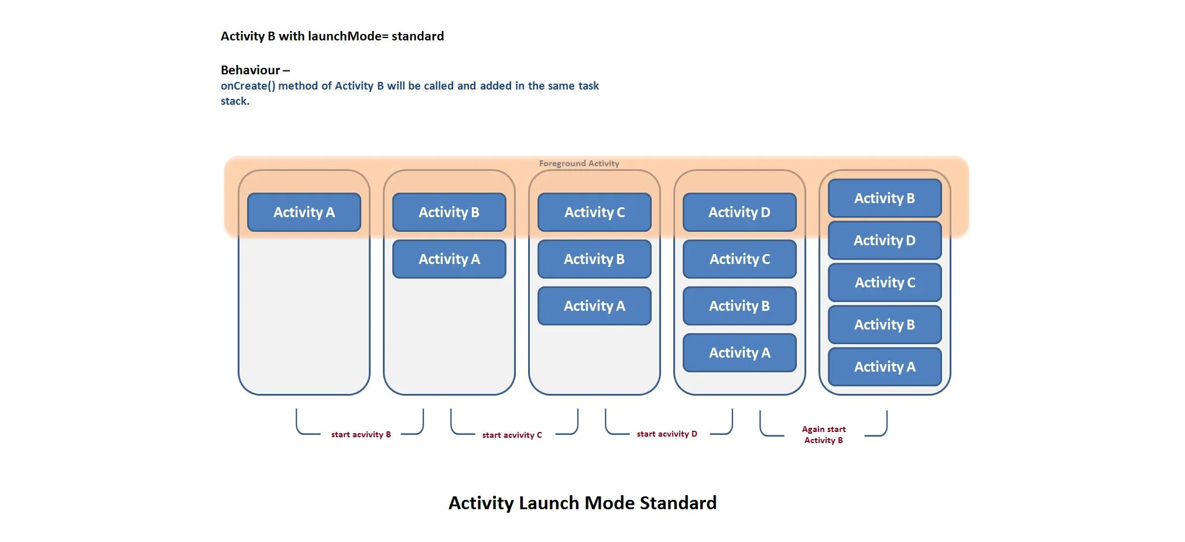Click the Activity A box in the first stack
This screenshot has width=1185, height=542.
(304, 212)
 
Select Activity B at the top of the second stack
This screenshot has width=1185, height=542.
(449, 212)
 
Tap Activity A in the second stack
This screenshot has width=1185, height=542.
(449, 259)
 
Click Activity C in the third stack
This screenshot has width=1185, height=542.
(594, 212)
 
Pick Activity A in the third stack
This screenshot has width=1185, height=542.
(594, 306)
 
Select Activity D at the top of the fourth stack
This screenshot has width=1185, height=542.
(739, 212)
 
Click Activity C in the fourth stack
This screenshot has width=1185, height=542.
(739, 259)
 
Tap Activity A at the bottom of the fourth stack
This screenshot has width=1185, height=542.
(739, 352)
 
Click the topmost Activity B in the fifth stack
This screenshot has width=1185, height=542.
(885, 198)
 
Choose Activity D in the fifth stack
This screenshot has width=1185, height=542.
(885, 240)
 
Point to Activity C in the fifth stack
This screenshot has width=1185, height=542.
(885, 282)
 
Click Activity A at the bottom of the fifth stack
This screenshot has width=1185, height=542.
(885, 366)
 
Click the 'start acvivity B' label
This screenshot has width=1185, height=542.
(361, 434)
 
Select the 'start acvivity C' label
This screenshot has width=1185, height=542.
(512, 435)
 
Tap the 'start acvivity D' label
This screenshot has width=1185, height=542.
(667, 434)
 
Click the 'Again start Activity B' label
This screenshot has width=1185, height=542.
(824, 434)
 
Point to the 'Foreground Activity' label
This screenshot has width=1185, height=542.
(579, 163)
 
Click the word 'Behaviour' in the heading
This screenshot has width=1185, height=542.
(251, 70)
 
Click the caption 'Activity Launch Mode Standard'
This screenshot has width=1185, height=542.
(583, 503)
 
